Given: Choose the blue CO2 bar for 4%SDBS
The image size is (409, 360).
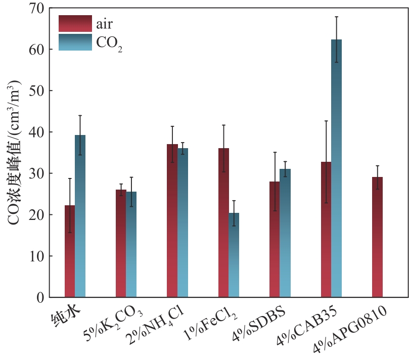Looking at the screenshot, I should [x=285, y=233].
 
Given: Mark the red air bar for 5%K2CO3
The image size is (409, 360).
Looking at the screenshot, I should [x=121, y=243].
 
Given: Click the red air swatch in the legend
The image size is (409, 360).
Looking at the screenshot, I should [x=75, y=24].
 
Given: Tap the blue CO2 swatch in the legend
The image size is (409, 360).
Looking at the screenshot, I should [x=75, y=42].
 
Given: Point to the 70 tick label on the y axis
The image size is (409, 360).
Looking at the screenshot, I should [x=39, y=9].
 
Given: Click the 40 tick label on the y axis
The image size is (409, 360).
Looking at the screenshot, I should [x=39, y=132].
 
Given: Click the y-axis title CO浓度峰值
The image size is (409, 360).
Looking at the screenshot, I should [x=15, y=152].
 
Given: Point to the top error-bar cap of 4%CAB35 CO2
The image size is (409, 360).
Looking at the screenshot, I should [x=336, y=17].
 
